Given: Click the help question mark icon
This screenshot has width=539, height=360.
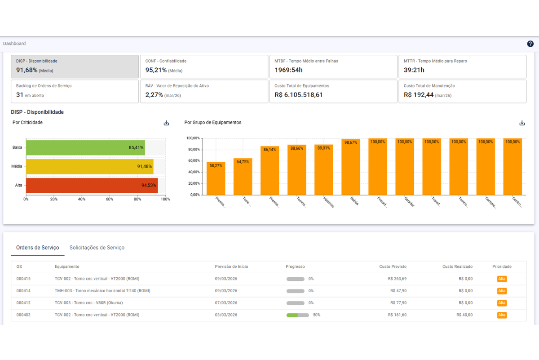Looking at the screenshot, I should [x=530, y=44].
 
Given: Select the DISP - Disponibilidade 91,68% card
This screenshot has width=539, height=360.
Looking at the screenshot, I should [x=75, y=67].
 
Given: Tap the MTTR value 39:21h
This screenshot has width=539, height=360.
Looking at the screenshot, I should [x=414, y=70].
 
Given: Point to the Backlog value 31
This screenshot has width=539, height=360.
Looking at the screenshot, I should [x=20, y=95].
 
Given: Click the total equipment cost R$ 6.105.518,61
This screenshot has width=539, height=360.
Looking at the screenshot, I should [x=299, y=95].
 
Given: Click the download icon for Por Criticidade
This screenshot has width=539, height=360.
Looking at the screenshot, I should [x=166, y=123].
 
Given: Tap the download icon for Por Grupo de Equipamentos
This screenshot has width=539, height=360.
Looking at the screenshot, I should [x=522, y=123].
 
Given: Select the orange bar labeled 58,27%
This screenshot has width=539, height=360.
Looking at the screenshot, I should [x=216, y=178].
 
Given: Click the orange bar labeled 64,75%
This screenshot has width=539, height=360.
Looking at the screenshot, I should [x=243, y=177].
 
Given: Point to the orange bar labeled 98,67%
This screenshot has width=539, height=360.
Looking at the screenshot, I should [x=351, y=167].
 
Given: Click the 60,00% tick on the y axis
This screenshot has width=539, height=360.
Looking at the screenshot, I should [x=194, y=161].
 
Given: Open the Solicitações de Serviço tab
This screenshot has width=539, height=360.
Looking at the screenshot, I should [x=97, y=248].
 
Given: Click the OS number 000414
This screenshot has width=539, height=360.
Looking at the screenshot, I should [x=23, y=291].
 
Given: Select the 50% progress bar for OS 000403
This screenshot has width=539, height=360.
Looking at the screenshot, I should [x=297, y=315].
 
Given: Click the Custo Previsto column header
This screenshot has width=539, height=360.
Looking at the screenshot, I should [x=393, y=267].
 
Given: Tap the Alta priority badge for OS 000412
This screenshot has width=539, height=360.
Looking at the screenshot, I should [x=502, y=303].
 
